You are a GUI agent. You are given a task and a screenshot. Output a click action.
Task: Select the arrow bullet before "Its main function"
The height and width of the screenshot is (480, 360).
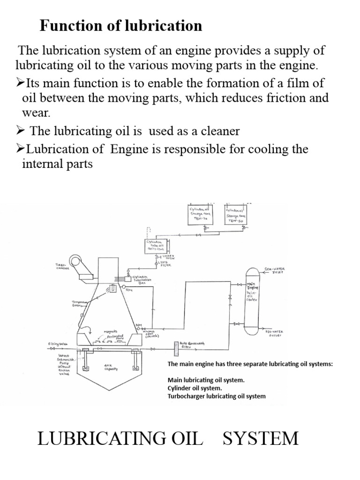point(20,83)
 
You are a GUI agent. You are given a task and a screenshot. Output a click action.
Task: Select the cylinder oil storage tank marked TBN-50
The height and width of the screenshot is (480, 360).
point(235,215)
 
